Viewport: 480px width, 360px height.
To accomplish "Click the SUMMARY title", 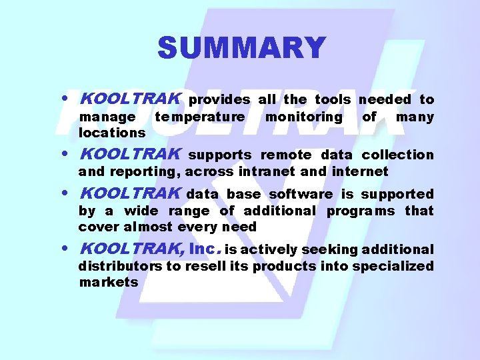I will (241, 48).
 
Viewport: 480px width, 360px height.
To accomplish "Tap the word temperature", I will (199, 117).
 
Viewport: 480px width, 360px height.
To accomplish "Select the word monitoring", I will (303, 117).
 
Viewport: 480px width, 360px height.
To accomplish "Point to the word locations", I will (112, 133).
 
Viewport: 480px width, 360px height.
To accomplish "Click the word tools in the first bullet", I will (333, 99).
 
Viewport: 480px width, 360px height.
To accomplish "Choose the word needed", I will (385, 99).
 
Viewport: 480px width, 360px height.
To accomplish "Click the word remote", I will (286, 155).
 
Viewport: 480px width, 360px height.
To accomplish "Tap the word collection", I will (397, 155).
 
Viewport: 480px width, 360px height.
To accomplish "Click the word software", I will (301, 195).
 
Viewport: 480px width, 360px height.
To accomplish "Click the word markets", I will (109, 283).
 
